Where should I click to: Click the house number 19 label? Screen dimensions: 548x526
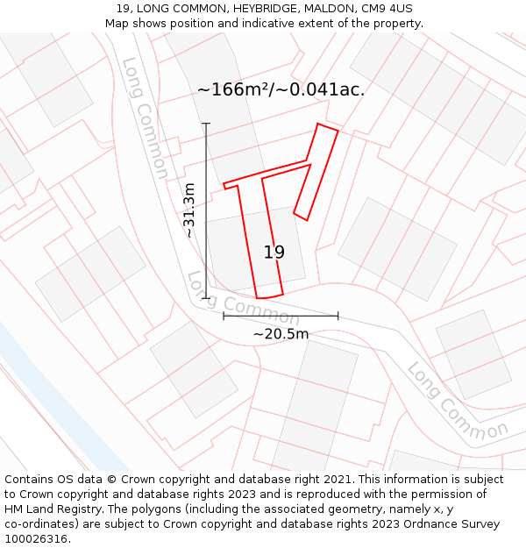click(274, 253)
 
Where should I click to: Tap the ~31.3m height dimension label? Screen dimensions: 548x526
click(189, 210)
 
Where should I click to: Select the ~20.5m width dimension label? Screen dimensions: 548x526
click(281, 334)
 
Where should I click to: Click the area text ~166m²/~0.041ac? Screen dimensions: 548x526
click(281, 89)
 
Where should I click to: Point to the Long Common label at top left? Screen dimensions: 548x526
click(146, 117)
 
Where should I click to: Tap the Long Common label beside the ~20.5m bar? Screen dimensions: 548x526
click(231, 298)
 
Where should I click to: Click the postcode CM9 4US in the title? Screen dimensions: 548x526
click(387, 9)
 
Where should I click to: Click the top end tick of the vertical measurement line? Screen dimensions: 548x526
click(207, 124)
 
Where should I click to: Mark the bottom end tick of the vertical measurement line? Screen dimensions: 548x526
click(207, 298)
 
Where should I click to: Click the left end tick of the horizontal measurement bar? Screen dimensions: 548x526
click(224, 316)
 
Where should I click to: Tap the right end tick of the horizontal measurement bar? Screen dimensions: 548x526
click(338, 316)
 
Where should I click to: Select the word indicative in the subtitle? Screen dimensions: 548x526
click(237, 24)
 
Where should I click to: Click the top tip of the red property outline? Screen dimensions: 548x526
click(318, 124)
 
